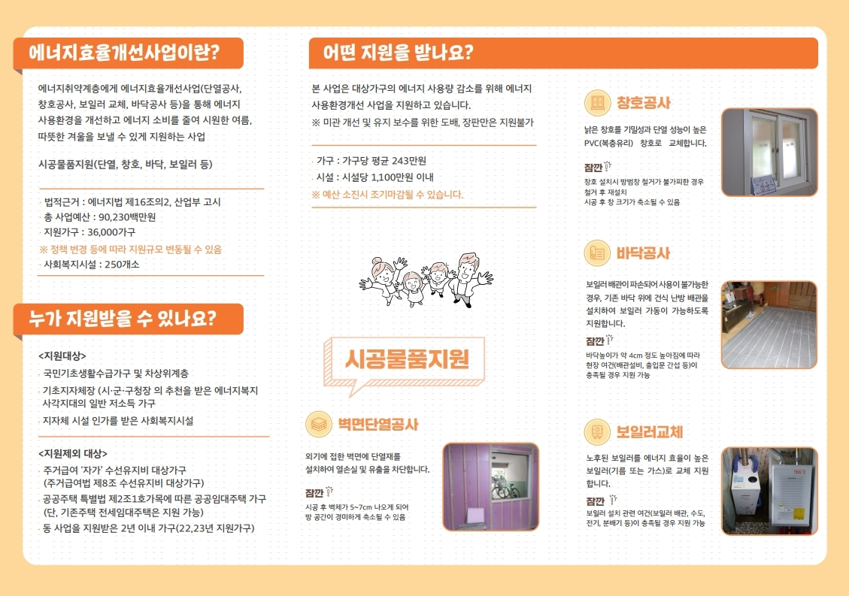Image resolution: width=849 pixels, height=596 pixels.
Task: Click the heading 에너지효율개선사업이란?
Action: (124, 53)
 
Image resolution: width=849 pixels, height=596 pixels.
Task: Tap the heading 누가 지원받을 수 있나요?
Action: (123, 319)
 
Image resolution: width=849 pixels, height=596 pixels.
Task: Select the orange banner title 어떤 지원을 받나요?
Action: (398, 53)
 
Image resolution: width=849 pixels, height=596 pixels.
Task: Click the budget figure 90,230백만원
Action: (127, 217)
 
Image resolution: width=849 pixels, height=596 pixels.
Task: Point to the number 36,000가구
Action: (111, 232)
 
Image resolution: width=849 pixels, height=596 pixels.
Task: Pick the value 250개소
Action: (122, 264)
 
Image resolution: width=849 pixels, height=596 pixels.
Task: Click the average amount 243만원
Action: (408, 161)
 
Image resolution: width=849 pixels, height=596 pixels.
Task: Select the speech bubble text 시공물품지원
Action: (407, 359)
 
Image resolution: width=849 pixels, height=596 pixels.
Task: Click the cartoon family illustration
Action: (426, 280)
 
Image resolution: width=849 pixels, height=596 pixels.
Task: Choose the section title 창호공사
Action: (643, 103)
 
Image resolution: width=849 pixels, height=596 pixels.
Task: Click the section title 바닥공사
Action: (643, 253)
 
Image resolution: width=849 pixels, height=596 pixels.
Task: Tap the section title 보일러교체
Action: (650, 432)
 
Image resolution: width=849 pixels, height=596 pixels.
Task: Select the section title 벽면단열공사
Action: (378, 424)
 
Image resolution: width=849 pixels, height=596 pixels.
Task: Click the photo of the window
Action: (769, 152)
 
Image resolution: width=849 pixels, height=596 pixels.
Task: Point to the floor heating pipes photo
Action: (769, 325)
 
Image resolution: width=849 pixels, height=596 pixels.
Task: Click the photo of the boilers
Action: (769, 491)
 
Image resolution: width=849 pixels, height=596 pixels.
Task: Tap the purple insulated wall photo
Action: (490, 487)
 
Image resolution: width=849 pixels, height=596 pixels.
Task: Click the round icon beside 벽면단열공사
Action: (318, 424)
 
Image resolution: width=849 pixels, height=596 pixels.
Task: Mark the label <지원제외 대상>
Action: (73, 454)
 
